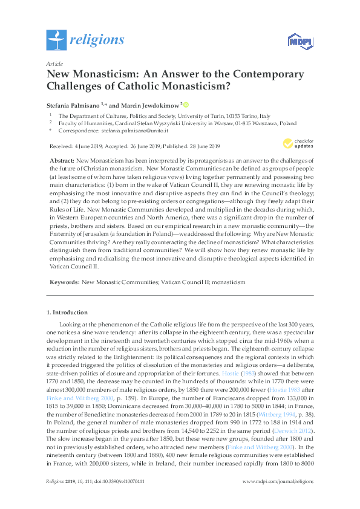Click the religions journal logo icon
[57, 40]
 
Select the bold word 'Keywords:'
[64, 282]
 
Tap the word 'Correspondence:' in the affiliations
[77, 130]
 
